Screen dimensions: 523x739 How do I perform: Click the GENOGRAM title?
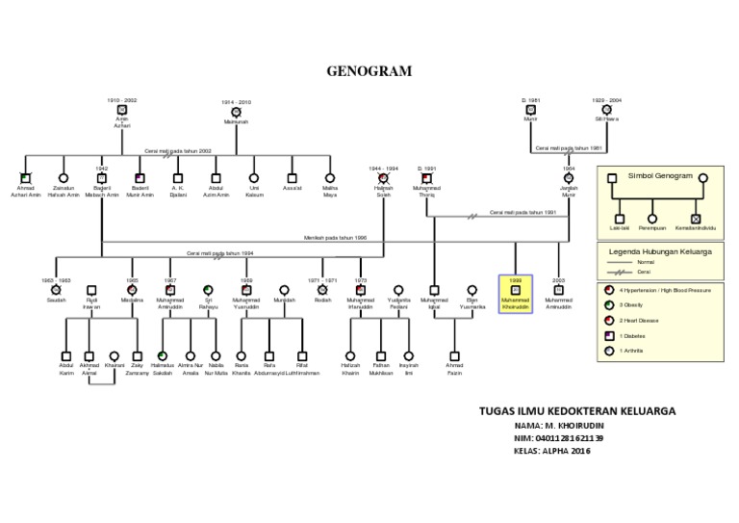click(369, 71)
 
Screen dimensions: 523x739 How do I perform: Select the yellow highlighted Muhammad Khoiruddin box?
click(515, 294)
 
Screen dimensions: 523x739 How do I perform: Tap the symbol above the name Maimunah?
click(236, 112)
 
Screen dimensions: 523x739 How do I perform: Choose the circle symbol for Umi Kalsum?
click(254, 178)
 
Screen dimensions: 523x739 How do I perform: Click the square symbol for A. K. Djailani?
click(177, 178)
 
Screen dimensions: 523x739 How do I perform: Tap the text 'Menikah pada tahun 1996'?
click(335, 235)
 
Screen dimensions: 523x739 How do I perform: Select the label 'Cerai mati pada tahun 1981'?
click(568, 148)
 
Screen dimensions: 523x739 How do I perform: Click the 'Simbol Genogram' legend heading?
click(660, 176)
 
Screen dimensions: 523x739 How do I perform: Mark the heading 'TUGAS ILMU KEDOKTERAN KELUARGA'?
click(576, 411)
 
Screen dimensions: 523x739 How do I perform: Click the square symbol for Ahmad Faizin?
click(454, 355)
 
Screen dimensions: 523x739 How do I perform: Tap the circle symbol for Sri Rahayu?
click(208, 289)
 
